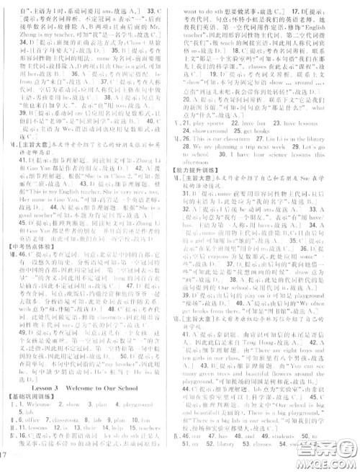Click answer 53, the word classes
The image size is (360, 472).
[287, 447]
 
